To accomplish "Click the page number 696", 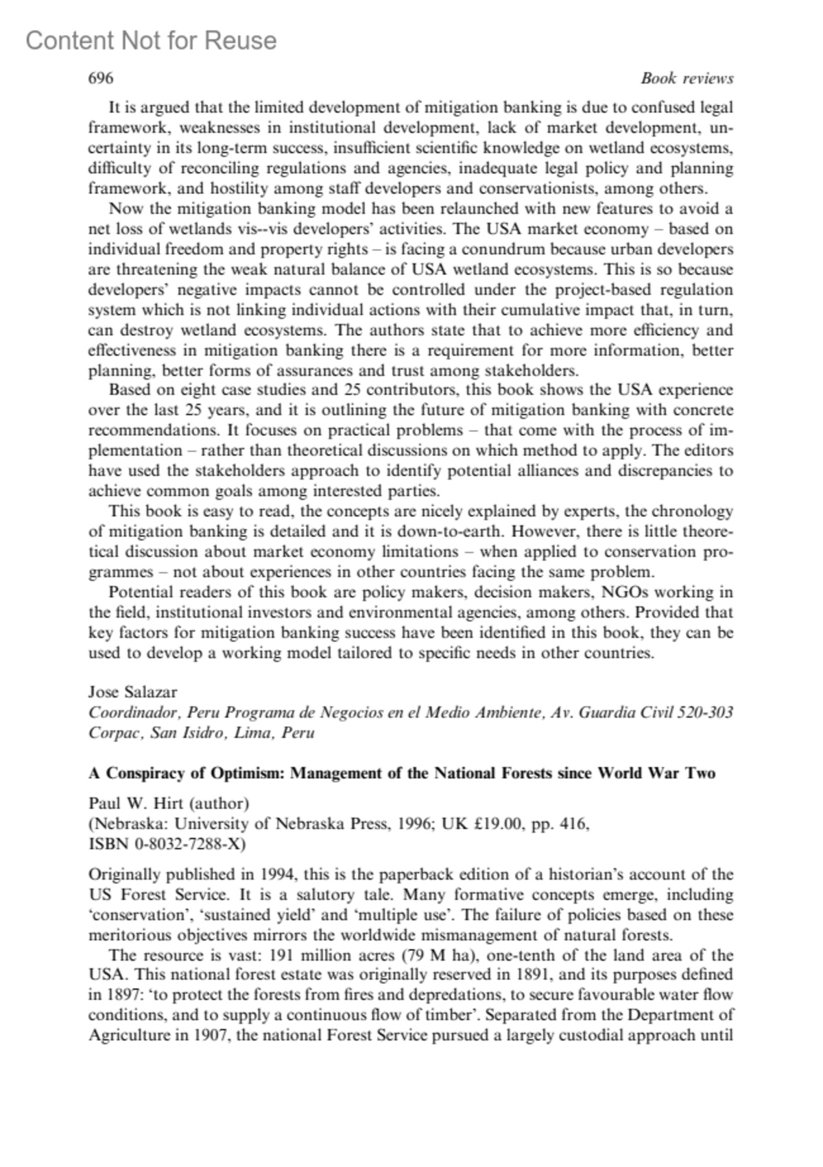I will click(x=101, y=78).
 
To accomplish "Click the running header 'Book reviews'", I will click(x=687, y=78).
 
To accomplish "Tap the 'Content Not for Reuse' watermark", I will click(x=151, y=41).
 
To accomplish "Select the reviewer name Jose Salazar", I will click(x=133, y=692).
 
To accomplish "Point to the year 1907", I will click(x=209, y=1035).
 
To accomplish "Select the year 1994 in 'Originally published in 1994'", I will click(x=278, y=874).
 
